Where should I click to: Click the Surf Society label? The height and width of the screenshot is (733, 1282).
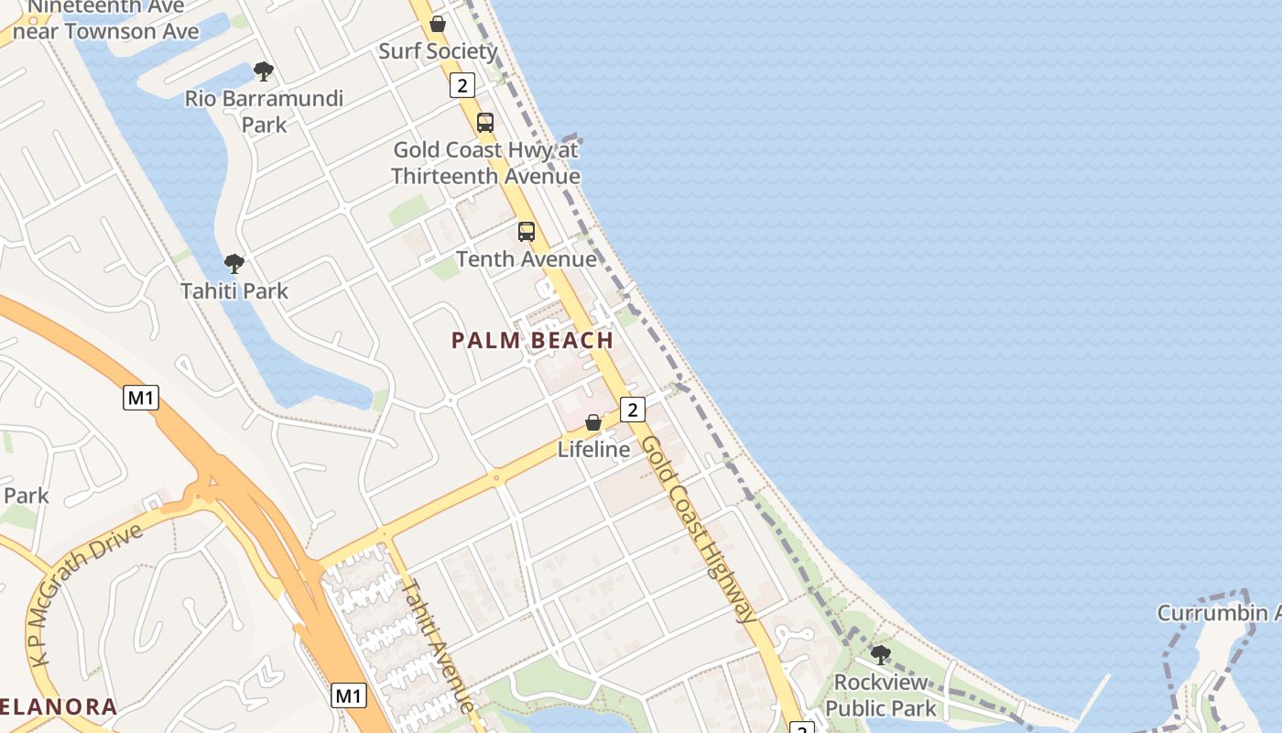[438, 51]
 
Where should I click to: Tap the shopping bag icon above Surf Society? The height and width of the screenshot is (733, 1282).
[438, 24]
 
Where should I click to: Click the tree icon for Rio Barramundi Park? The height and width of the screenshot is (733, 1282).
[264, 71]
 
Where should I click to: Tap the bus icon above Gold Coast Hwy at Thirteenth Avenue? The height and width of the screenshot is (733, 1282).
[484, 123]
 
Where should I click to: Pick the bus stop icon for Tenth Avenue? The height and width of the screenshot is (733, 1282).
[526, 232]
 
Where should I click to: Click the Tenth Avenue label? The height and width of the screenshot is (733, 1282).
[526, 259]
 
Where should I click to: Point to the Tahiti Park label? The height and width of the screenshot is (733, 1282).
[234, 291]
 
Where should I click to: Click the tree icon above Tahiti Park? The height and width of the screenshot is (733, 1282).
[234, 265]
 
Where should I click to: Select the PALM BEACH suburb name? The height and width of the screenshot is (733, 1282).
[532, 341]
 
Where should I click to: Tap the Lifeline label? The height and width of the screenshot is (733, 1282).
[593, 450]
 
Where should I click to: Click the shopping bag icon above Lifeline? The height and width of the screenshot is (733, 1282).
[593, 422]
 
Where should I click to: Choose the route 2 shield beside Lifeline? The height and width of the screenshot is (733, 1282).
[632, 410]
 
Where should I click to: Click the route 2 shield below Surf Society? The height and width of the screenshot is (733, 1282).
[462, 86]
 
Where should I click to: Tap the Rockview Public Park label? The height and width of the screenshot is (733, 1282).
[881, 695]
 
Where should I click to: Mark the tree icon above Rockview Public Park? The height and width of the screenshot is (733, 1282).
[881, 655]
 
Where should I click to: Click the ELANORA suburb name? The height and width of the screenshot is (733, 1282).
[59, 707]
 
